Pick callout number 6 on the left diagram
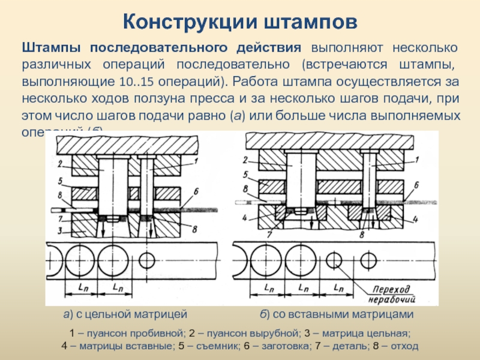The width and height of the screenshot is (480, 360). [x=195, y=192]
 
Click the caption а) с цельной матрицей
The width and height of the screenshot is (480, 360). [x=125, y=314]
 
